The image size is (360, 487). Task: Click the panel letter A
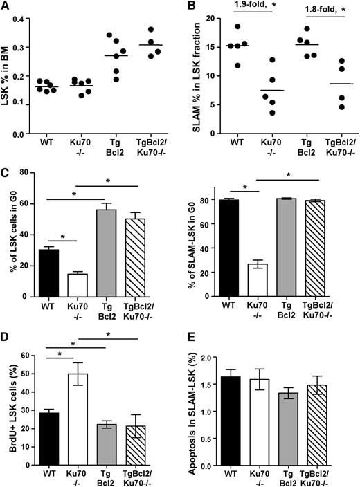(x=7, y=7)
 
